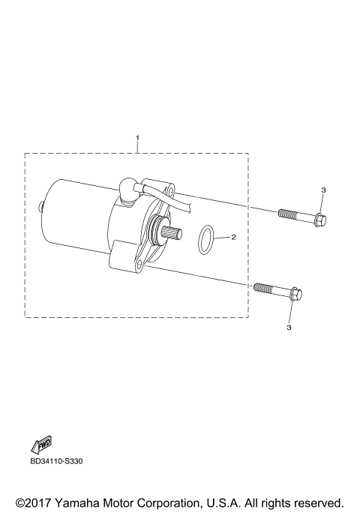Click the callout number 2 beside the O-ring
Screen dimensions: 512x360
233,237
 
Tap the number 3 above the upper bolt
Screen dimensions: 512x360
323,190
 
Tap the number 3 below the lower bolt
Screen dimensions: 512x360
289,328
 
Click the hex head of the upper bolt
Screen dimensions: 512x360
319,220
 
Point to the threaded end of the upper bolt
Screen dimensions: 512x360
287,215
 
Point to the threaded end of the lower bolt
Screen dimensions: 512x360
263,287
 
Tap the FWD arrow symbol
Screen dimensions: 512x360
42,444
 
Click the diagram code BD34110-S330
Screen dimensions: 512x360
56,461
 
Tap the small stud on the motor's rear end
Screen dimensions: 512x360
38,203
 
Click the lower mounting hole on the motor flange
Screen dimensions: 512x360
139,265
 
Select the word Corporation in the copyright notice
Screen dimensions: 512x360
176,502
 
